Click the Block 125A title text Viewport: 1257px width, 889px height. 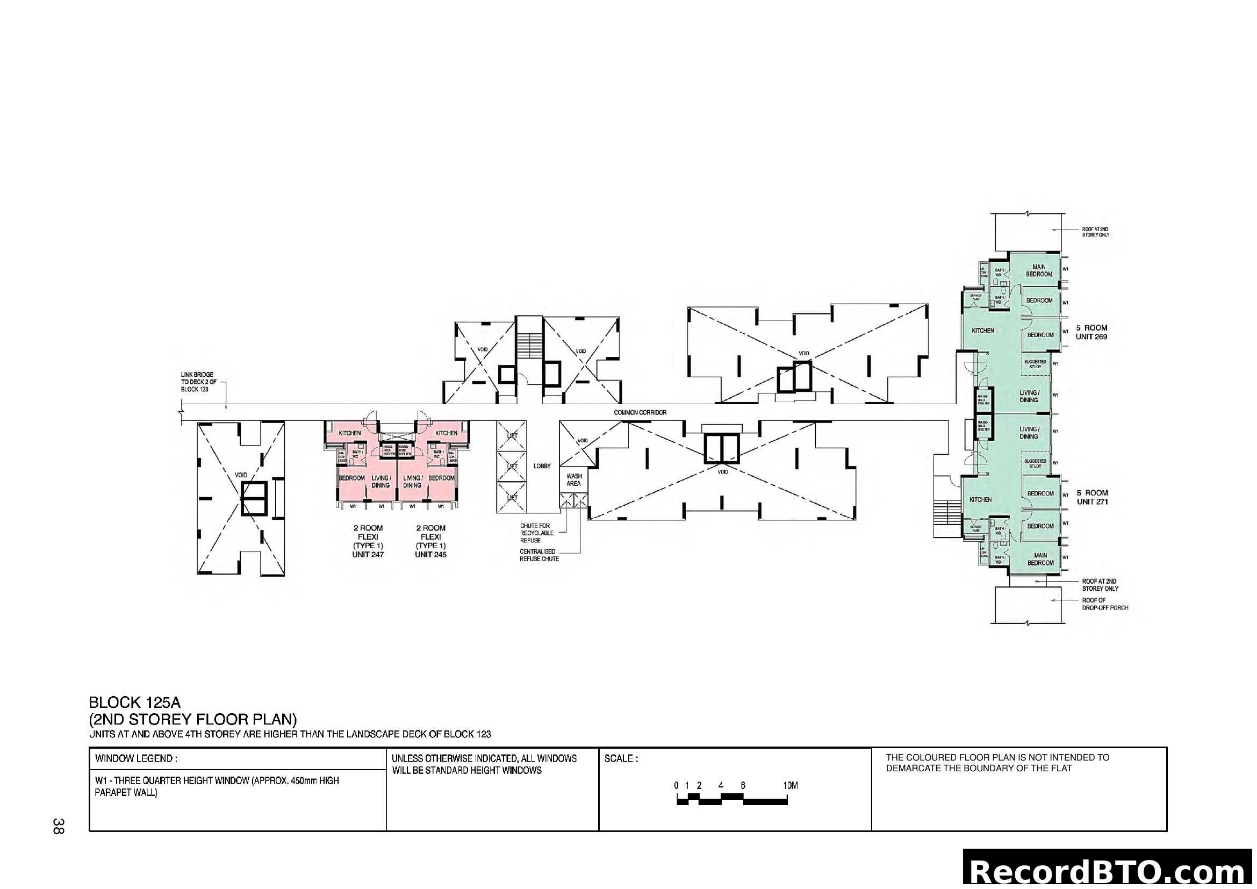coord(135,702)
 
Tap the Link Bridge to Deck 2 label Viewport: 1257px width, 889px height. coord(197,382)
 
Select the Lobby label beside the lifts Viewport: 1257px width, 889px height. coord(542,466)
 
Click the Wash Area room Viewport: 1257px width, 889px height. coord(573,479)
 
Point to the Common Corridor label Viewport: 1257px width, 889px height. coord(640,412)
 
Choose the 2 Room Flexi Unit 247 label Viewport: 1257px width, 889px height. coord(368,541)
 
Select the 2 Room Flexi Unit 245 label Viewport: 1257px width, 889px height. coord(431,541)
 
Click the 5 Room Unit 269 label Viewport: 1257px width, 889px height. coord(1091,332)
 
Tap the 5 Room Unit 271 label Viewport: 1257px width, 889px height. coord(1092,497)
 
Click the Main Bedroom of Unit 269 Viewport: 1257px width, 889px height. coord(1039,270)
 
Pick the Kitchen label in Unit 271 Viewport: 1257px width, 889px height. coord(980,499)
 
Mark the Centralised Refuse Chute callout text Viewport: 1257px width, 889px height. coord(539,555)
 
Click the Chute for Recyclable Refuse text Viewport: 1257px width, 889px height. coord(536,533)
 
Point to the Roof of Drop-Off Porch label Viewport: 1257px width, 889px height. coord(1104,604)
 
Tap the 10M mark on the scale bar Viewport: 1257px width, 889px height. coord(790,786)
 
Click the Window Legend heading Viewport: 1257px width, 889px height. coord(136,759)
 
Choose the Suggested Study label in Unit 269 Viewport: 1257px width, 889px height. coord(1035,364)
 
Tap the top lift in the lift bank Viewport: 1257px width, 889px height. coord(511,436)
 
